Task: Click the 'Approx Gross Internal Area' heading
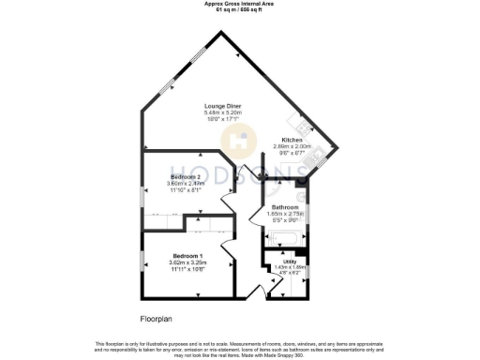click(240, 4)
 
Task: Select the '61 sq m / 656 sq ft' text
click(240, 9)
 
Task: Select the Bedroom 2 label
click(184, 177)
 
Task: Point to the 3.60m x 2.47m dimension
click(184, 184)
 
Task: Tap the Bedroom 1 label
click(185, 255)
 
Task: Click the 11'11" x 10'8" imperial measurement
click(185, 268)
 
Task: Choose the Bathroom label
click(284, 207)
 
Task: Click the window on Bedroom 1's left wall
click(142, 260)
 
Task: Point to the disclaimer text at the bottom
click(240, 350)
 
